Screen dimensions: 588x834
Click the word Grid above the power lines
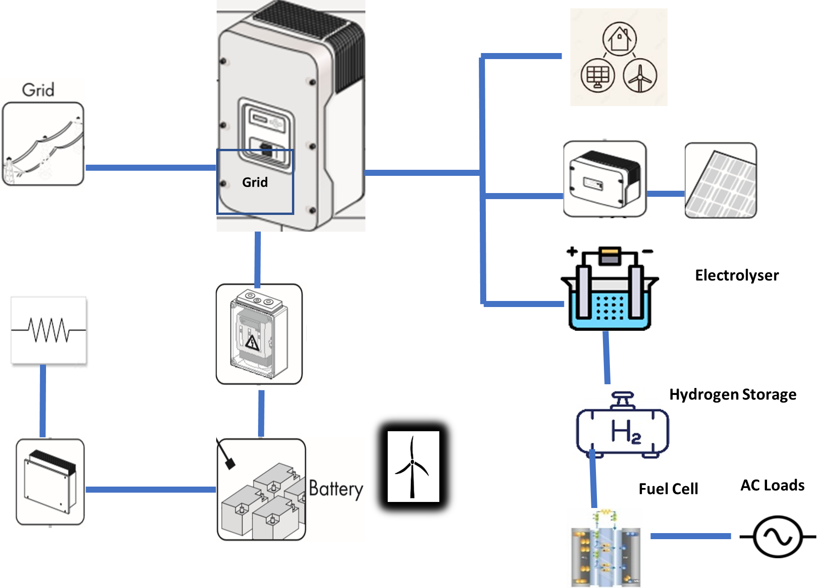click(x=38, y=90)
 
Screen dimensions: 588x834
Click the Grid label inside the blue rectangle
click(x=255, y=182)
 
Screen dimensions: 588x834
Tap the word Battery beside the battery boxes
click(x=336, y=489)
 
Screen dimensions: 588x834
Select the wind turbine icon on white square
click(x=413, y=467)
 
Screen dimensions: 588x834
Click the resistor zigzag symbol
click(x=49, y=330)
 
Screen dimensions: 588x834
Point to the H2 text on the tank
click(x=625, y=431)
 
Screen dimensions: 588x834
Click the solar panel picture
click(x=721, y=180)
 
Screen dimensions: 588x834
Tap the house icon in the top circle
click(x=619, y=38)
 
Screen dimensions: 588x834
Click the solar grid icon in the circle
click(x=598, y=76)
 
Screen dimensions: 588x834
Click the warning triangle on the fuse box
click(x=252, y=343)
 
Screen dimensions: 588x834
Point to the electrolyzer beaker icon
click(x=609, y=298)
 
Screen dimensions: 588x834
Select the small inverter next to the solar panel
click(x=606, y=179)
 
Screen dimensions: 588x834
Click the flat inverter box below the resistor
click(x=49, y=482)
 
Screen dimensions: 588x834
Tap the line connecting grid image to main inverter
click(x=151, y=167)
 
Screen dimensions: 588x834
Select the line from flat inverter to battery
click(x=151, y=489)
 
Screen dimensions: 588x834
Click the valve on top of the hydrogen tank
click(x=622, y=400)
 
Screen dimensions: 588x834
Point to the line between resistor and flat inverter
click(x=43, y=402)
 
